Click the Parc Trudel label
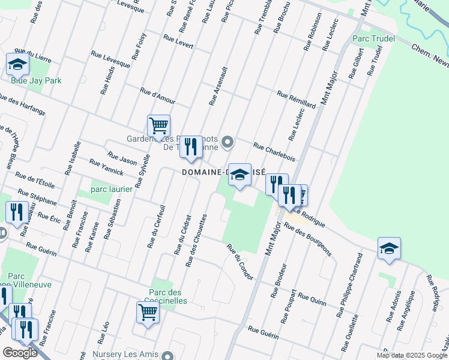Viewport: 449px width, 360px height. pos(369,39)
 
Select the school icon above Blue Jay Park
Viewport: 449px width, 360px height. pos(17,64)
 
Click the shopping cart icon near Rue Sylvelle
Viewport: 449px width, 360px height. pos(158,126)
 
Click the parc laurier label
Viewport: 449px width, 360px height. pos(111,190)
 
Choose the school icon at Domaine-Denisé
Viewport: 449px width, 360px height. pos(240,175)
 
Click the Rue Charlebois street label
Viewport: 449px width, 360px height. pos(274,152)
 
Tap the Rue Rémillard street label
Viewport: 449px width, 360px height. pos(296,100)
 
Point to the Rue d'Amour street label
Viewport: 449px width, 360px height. pos(157,95)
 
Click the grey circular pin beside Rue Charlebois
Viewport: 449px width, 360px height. pos(228,142)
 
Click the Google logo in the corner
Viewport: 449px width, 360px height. pos(20,353)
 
